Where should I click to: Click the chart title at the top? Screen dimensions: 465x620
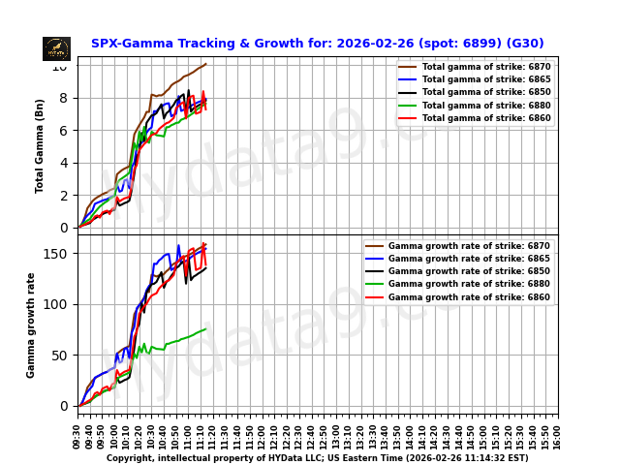point(317,44)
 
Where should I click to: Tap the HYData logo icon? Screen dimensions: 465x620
point(56,48)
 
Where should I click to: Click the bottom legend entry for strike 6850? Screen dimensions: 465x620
point(469,271)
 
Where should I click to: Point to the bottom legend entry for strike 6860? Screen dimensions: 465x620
point(469,297)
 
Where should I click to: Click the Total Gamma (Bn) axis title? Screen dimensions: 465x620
point(41,145)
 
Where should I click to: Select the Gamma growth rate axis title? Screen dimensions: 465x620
point(31,325)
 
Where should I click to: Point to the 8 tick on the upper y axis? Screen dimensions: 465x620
point(64,98)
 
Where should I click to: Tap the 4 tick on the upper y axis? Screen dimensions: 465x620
point(64,163)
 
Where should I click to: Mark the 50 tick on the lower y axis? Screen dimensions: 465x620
point(60,356)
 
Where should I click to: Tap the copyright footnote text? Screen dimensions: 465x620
point(317,458)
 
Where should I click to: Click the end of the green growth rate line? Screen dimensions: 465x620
point(205,329)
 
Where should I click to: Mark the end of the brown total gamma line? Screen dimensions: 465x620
point(205,64)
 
